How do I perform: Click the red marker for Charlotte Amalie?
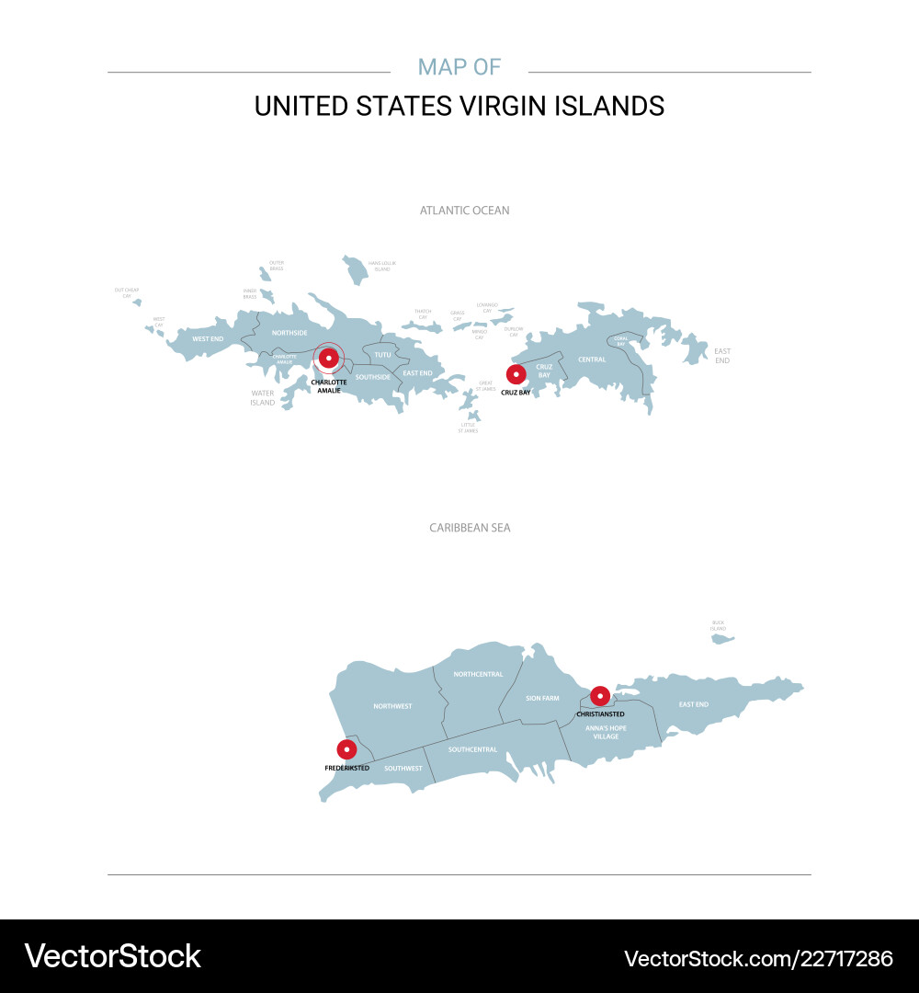click(x=329, y=358)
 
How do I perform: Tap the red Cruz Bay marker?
click(x=516, y=374)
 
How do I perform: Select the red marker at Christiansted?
click(x=600, y=695)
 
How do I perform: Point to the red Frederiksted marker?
click(x=346, y=749)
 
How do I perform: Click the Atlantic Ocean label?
click(x=464, y=211)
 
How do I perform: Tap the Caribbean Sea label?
click(x=470, y=528)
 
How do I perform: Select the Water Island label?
click(x=263, y=398)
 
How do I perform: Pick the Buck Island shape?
click(x=722, y=638)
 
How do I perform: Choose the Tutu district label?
click(x=382, y=354)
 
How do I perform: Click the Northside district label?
click(x=289, y=333)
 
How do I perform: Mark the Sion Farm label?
click(x=542, y=699)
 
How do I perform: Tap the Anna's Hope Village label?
click(x=606, y=732)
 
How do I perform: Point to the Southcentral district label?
click(x=472, y=749)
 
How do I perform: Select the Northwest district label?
click(x=392, y=706)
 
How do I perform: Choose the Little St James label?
click(x=469, y=428)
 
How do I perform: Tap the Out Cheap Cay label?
click(x=127, y=293)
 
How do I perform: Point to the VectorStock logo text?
click(x=113, y=956)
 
